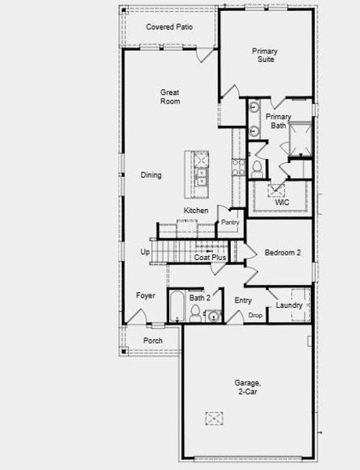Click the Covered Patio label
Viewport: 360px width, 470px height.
pos(170,27)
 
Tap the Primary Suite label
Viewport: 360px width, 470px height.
pos(264,55)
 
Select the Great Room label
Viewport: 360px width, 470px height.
pos(170,96)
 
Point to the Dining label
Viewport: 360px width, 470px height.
pos(151,175)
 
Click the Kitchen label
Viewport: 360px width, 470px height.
pos(196,211)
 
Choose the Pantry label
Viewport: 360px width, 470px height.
pos(230,222)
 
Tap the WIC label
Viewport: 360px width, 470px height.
pos(282,203)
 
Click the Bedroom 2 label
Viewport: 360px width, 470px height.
pos(283,253)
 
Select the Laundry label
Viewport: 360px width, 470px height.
pos(289,305)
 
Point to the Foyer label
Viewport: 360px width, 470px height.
pos(146,295)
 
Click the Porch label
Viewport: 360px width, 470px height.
pos(153,341)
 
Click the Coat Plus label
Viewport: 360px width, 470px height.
pos(210,257)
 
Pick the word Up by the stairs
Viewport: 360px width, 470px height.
pos(145,252)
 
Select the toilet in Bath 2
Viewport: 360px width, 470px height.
pos(195,313)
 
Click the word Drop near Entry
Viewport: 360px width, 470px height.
pos(255,315)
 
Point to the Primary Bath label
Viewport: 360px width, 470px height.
pos(278,121)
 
